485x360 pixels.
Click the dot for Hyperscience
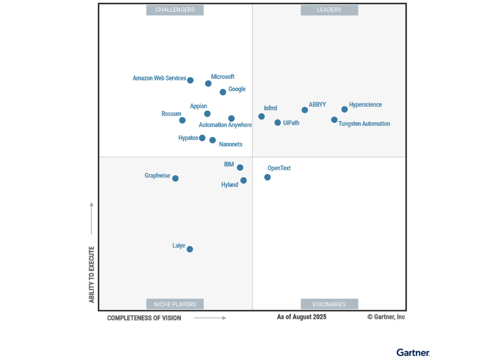click(x=344, y=109)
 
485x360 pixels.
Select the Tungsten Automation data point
click(x=334, y=120)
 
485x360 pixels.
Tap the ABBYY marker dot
click(x=304, y=110)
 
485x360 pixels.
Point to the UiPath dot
click(x=277, y=123)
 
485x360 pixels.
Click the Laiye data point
click(x=189, y=249)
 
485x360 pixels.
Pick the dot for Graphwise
click(x=175, y=178)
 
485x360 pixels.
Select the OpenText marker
click(x=267, y=177)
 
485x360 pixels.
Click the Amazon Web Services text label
click(x=159, y=78)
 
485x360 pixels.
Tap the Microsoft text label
click(x=222, y=77)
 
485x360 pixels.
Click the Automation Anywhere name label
click(x=225, y=125)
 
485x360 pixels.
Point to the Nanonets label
click(x=230, y=145)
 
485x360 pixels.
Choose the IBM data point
click(x=240, y=167)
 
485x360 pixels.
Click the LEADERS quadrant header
click(x=329, y=10)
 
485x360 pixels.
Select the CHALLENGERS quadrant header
click(x=175, y=10)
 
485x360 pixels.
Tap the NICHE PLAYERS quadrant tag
click(x=175, y=304)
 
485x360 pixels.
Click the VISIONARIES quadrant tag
click(x=329, y=304)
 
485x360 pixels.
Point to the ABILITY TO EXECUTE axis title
click(x=92, y=274)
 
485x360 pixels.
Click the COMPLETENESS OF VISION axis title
click(x=144, y=318)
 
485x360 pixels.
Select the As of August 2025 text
click(x=301, y=317)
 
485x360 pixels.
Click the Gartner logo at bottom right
click(x=412, y=353)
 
